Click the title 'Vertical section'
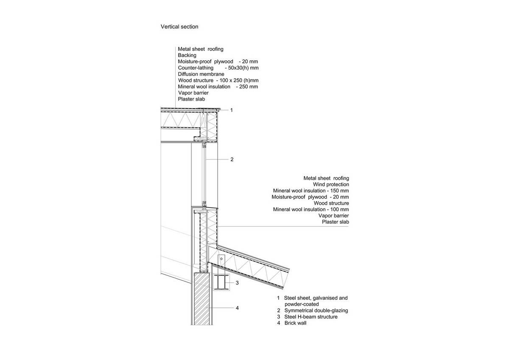179,27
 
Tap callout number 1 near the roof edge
232,110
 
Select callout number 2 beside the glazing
232,160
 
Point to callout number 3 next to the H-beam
237,283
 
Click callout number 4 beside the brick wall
237,308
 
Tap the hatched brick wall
201,299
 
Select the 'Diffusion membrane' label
201,74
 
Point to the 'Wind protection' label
331,184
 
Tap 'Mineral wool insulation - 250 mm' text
218,87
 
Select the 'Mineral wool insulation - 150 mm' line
311,191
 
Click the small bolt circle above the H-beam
221,259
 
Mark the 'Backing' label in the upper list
187,55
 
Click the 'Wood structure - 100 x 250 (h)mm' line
218,81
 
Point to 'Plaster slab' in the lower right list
335,222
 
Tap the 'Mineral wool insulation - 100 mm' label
311,209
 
